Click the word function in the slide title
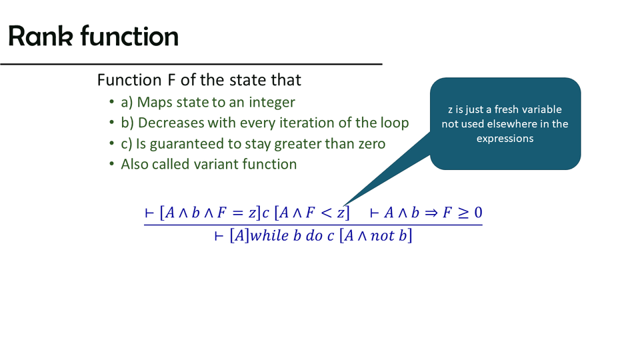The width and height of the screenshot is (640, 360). coord(129,36)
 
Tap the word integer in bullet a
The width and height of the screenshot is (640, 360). coord(272,102)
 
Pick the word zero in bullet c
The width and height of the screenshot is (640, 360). coord(372,144)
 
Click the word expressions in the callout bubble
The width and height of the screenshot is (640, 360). coord(505,139)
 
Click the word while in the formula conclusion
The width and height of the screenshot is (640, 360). coord(269,235)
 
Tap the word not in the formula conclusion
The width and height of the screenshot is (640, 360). coord(382,235)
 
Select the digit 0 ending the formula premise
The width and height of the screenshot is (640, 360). coord(477,213)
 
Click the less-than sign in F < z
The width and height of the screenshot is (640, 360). coord(327,213)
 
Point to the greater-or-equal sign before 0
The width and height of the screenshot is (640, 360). coord(463,213)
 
